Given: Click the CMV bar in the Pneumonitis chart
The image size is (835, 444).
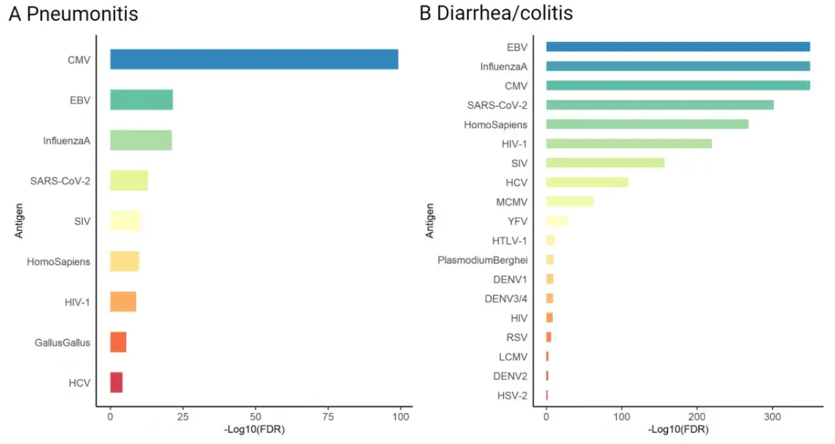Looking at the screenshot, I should [x=254, y=60].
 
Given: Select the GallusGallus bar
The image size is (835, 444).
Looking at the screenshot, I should [x=118, y=342].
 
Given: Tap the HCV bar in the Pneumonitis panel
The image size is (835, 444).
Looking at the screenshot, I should [x=116, y=382].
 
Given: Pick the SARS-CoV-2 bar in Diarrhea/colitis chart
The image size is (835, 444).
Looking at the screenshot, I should [x=659, y=104].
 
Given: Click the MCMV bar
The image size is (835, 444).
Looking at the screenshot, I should [x=570, y=202].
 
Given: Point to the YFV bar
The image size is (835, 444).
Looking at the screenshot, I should [x=557, y=221].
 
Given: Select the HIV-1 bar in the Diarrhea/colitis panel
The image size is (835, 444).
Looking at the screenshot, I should [x=629, y=143].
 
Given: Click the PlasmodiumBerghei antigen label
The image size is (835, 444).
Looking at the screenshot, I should [x=482, y=260].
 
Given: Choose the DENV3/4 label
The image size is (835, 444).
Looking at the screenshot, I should [x=507, y=299].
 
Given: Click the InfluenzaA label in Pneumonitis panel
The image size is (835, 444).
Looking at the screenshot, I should [x=67, y=141].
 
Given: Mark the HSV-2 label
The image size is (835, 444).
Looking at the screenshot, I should [x=510, y=395].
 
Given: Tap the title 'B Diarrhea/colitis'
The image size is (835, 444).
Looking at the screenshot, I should [x=496, y=14].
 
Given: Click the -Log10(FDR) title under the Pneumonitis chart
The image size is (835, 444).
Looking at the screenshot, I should [x=254, y=432].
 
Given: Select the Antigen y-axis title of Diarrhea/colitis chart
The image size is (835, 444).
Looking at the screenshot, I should [x=430, y=220].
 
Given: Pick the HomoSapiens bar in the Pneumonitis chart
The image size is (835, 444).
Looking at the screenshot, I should [x=124, y=261].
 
